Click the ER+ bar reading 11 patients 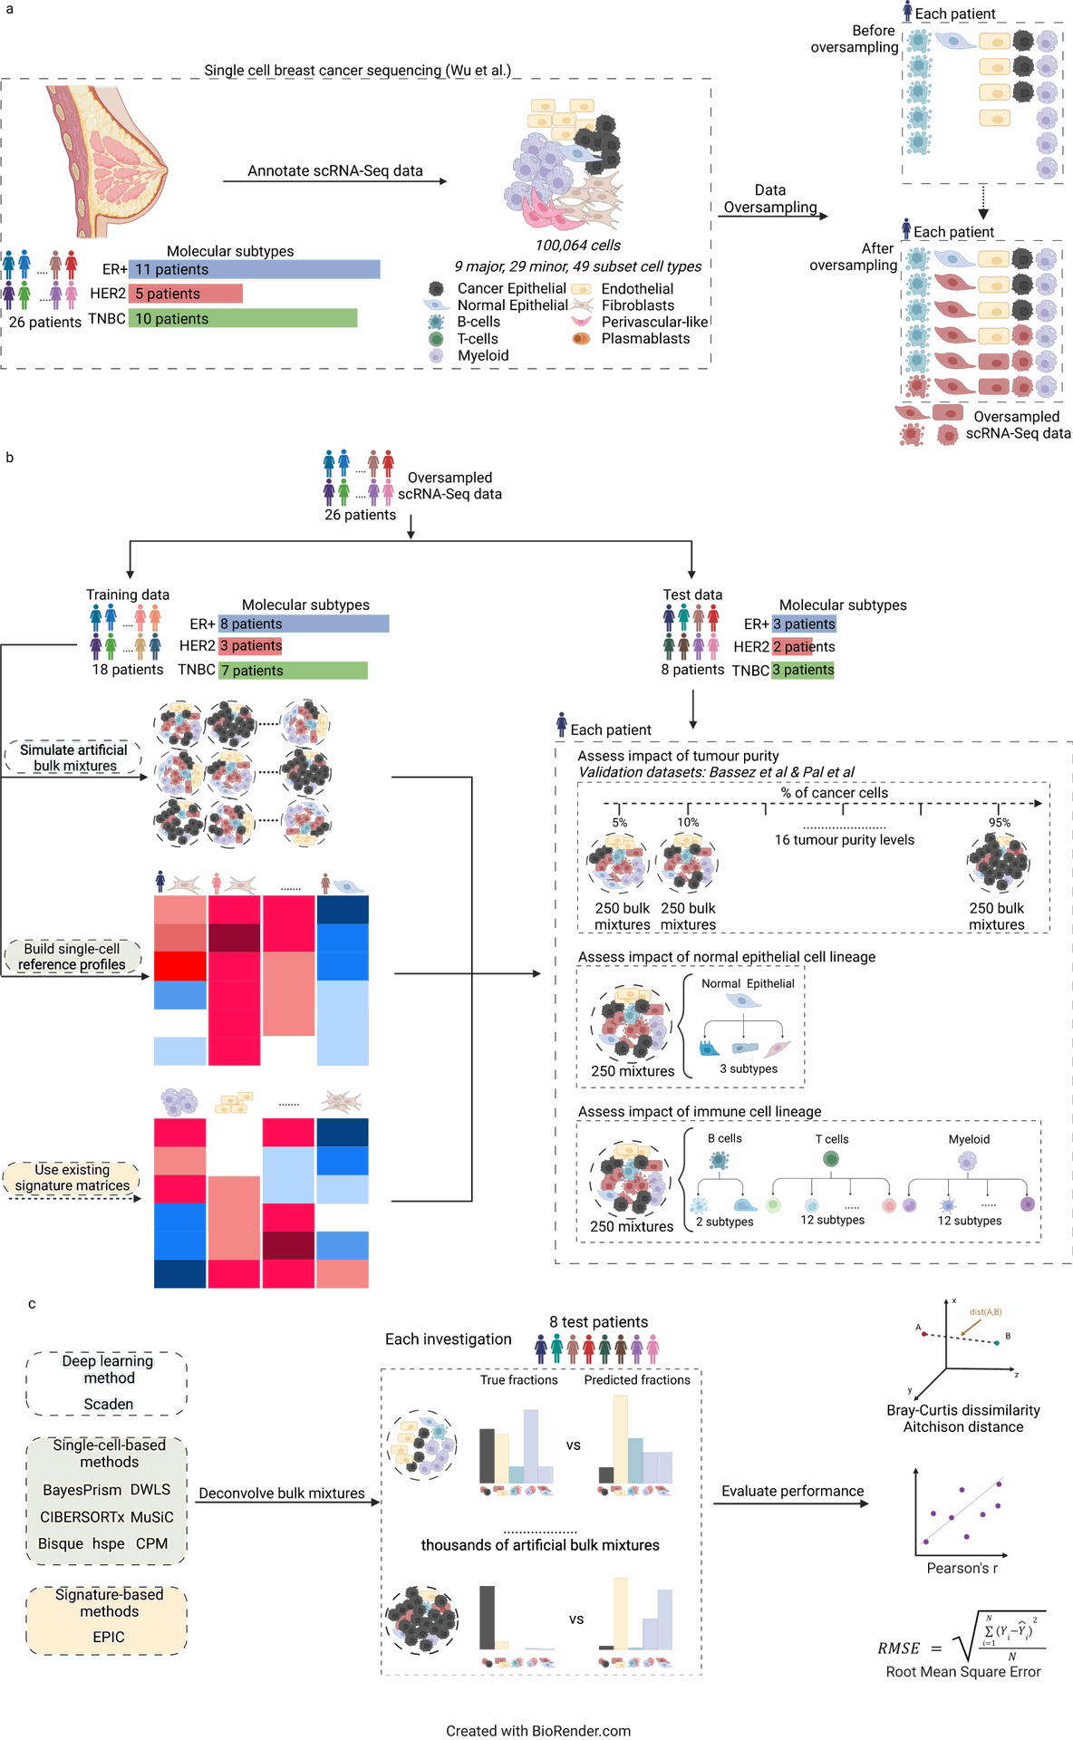(254, 269)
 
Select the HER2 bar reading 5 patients (186, 294)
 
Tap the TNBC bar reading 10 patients (243, 318)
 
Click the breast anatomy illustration (107, 160)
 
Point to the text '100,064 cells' (578, 246)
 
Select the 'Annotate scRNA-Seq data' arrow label (335, 170)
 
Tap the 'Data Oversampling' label (770, 198)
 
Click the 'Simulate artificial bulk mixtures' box (74, 758)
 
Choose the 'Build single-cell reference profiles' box (72, 957)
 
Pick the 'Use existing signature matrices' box (72, 1178)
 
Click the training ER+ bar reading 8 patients (304, 623)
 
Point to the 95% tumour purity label (1000, 823)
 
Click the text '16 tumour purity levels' (845, 840)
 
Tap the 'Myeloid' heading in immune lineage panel (969, 1139)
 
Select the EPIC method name (109, 1637)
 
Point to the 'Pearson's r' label (962, 1568)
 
